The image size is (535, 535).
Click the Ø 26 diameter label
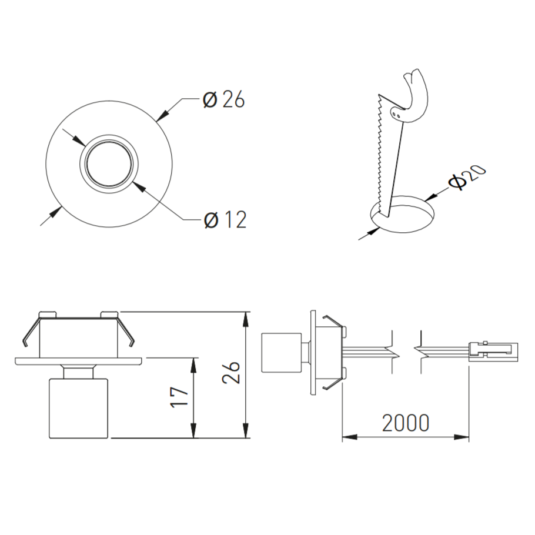tap(223, 100)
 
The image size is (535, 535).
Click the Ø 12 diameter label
tap(225, 220)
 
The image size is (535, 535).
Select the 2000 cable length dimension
tap(405, 423)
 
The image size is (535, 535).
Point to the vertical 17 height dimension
tap(180, 397)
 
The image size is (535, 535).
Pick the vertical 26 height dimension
tap(231, 372)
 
